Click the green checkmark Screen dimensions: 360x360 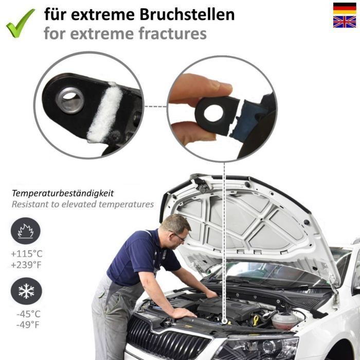(20, 23)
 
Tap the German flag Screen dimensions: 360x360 (345, 9)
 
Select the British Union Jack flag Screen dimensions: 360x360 (345, 22)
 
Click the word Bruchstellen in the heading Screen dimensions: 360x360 (187, 14)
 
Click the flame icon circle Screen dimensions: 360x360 (26, 231)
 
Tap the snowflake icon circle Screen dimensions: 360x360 (26, 291)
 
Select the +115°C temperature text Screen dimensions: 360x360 (27, 254)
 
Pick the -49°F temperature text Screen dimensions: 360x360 (28, 325)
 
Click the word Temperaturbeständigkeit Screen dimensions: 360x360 (63, 193)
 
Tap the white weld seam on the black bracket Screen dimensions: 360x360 (105, 112)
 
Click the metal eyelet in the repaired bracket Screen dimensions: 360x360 (70, 100)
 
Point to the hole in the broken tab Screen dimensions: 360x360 (213, 113)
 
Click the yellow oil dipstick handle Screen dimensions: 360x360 (256, 320)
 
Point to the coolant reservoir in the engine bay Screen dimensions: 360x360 (284, 320)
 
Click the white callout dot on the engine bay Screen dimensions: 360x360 (225, 321)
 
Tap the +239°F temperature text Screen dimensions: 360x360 (26, 265)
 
